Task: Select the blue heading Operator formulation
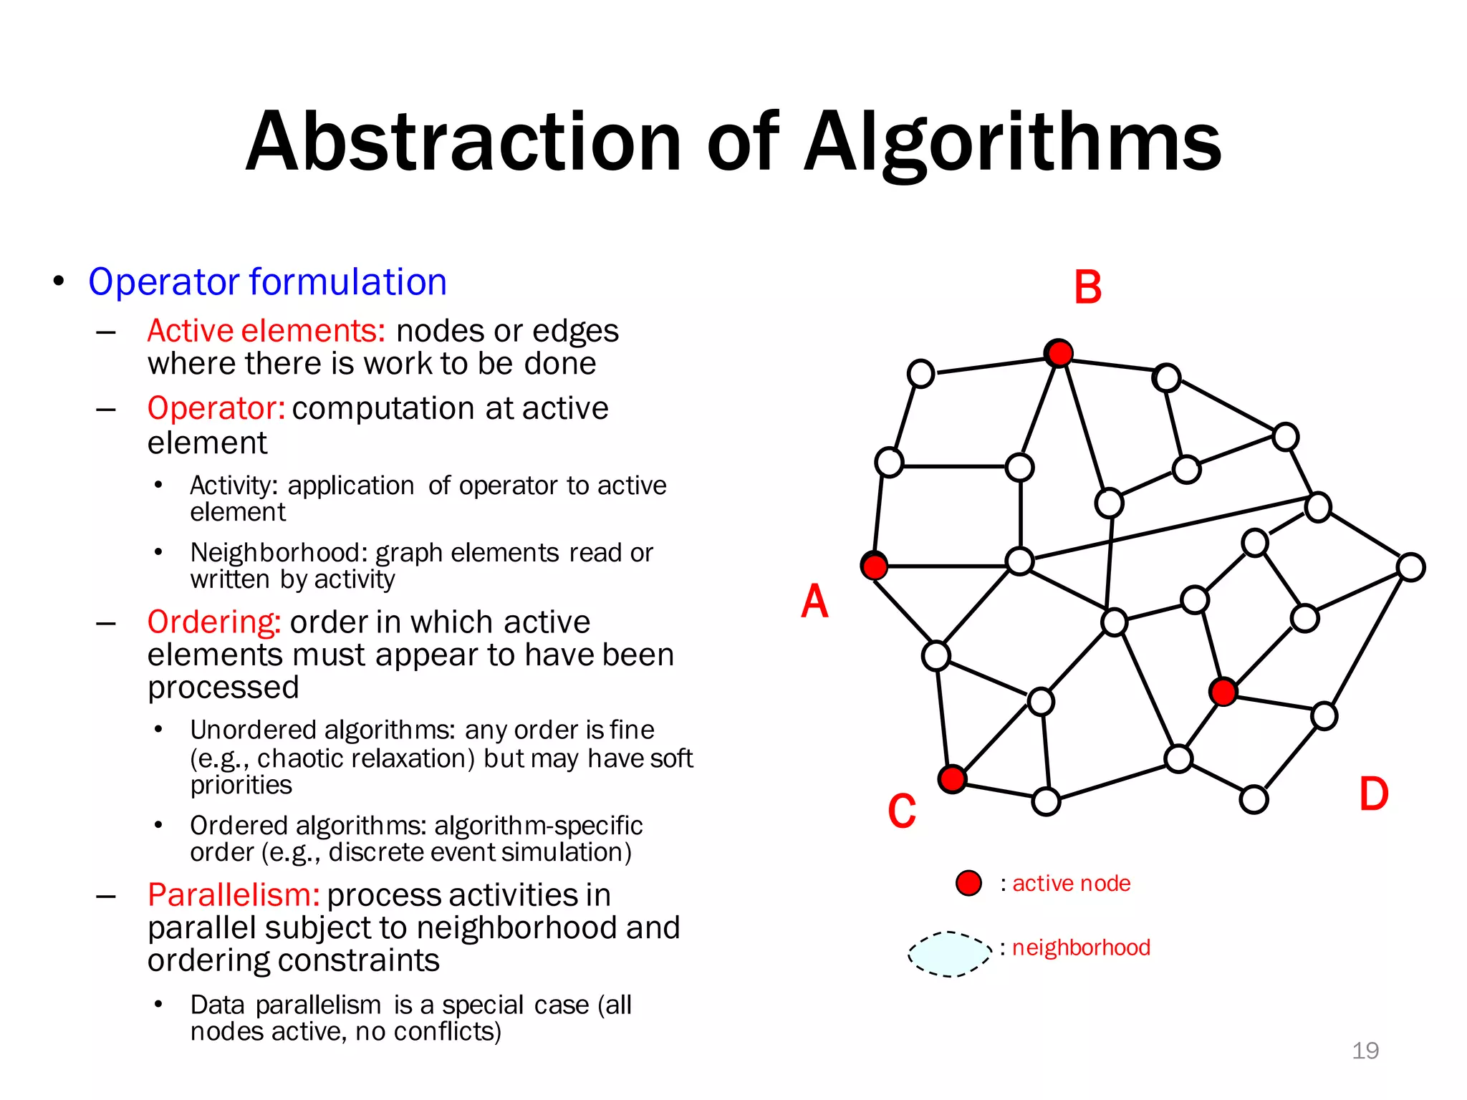pyautogui.click(x=267, y=281)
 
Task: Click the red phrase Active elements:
pyautogui.click(x=266, y=331)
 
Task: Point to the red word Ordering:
pyautogui.click(x=213, y=622)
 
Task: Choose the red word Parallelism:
pyautogui.click(x=234, y=895)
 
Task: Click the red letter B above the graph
pyautogui.click(x=1087, y=288)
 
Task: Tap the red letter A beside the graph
pyautogui.click(x=814, y=601)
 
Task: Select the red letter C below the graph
pyautogui.click(x=902, y=811)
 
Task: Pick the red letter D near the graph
pyautogui.click(x=1374, y=794)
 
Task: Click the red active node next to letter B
pyautogui.click(x=1059, y=353)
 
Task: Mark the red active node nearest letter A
pyautogui.click(x=875, y=566)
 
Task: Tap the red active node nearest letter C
pyautogui.click(x=952, y=778)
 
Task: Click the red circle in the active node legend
pyautogui.click(x=968, y=883)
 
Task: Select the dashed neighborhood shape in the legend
pyautogui.click(x=950, y=954)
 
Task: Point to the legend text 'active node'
pyautogui.click(x=1071, y=884)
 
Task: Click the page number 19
pyautogui.click(x=1365, y=1051)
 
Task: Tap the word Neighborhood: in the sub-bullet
pyautogui.click(x=279, y=553)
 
